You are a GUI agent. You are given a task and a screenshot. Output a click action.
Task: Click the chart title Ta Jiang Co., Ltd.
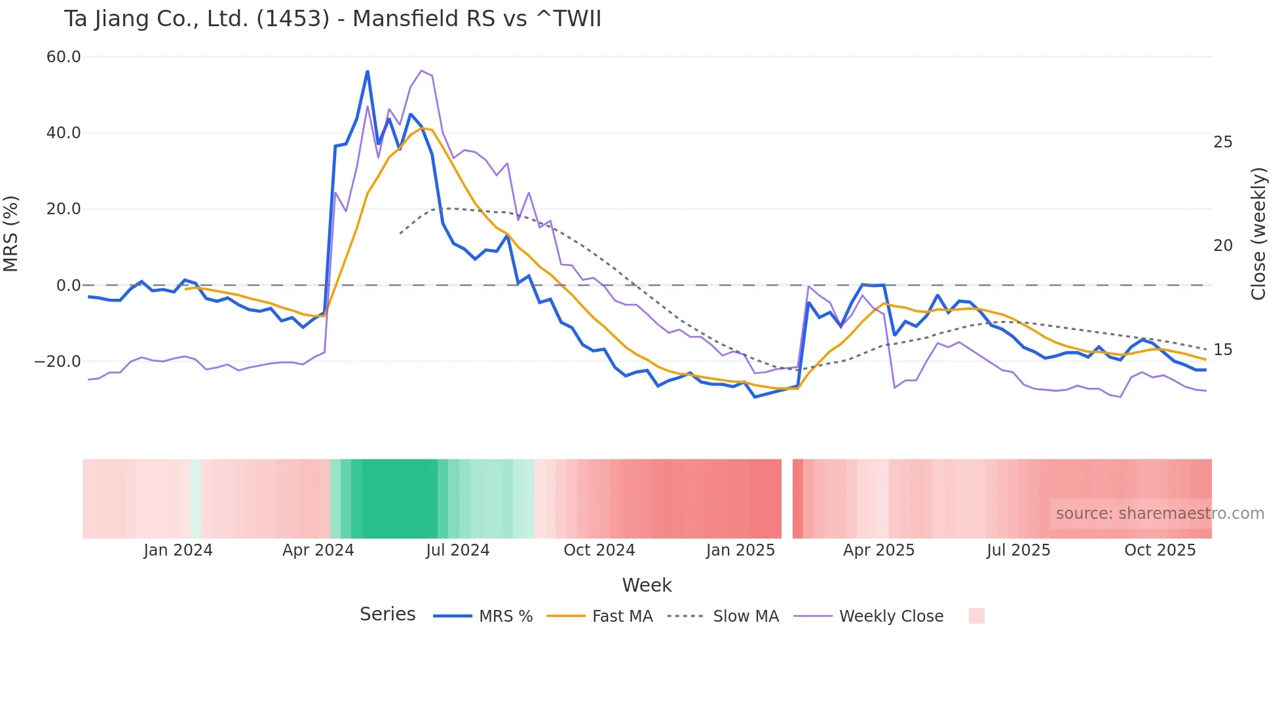pyautogui.click(x=332, y=18)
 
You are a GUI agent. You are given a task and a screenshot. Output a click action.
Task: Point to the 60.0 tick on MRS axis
pyautogui.click(x=64, y=57)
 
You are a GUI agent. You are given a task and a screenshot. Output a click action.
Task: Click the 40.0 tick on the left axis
pyautogui.click(x=64, y=133)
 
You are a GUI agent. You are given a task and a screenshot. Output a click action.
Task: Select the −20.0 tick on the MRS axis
pyautogui.click(x=58, y=361)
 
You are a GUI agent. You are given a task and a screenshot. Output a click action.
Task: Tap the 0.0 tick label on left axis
pyautogui.click(x=68, y=285)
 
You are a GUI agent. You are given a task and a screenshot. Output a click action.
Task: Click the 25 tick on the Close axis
pyautogui.click(x=1222, y=142)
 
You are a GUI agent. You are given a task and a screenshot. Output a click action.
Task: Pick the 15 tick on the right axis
pyautogui.click(x=1222, y=350)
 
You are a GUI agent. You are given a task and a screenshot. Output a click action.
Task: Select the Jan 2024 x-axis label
pyautogui.click(x=178, y=550)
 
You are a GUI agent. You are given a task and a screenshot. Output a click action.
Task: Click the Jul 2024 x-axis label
pyautogui.click(x=458, y=550)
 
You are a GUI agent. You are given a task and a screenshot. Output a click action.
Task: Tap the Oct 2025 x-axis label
pyautogui.click(x=1160, y=550)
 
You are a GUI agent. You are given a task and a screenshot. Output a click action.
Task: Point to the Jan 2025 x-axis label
pyautogui.click(x=740, y=550)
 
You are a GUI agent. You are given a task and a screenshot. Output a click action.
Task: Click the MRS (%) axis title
pyautogui.click(x=11, y=233)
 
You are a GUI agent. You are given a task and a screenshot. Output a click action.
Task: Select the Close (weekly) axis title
pyautogui.click(x=1258, y=233)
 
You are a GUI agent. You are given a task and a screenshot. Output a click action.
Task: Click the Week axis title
pyautogui.click(x=647, y=585)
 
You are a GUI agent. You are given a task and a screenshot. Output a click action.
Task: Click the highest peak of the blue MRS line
pyautogui.click(x=368, y=71)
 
